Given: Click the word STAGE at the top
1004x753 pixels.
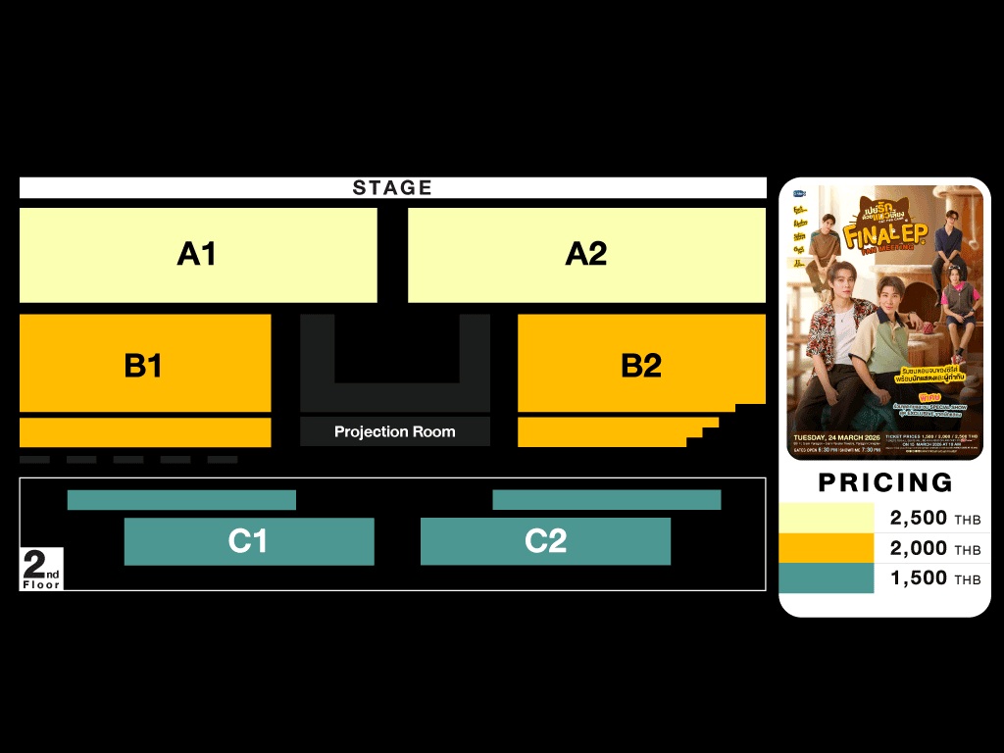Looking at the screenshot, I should tap(392, 187).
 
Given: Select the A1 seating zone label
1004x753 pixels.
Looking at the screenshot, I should tap(196, 254).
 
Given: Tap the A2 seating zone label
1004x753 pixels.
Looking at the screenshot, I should tap(586, 254).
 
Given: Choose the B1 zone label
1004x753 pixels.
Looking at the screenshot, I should tap(143, 366).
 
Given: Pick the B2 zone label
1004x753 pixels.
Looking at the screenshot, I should tap(641, 366).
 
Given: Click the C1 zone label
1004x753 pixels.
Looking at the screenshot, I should tap(247, 541).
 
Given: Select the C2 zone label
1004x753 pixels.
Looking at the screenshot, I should tap(545, 541).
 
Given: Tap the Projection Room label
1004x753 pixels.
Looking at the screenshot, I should tap(394, 431).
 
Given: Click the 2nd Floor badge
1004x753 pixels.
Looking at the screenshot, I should tap(41, 570).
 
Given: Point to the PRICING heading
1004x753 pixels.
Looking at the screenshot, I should tap(885, 482).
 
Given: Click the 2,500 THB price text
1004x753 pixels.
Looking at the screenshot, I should tap(934, 519).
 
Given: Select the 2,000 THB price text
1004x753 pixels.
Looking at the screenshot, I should tap(934, 548).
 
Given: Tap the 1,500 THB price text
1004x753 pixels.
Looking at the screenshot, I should tap(934, 578).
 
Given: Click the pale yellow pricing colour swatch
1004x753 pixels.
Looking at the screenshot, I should tap(826, 518).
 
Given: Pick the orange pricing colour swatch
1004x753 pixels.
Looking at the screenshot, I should tap(826, 548).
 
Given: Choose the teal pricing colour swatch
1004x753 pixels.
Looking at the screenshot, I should tap(826, 578).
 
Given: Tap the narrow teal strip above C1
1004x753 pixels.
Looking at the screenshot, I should tap(181, 500).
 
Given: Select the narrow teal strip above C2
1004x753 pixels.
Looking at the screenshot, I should tap(606, 500).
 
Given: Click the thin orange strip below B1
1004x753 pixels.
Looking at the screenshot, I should tap(145, 432).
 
